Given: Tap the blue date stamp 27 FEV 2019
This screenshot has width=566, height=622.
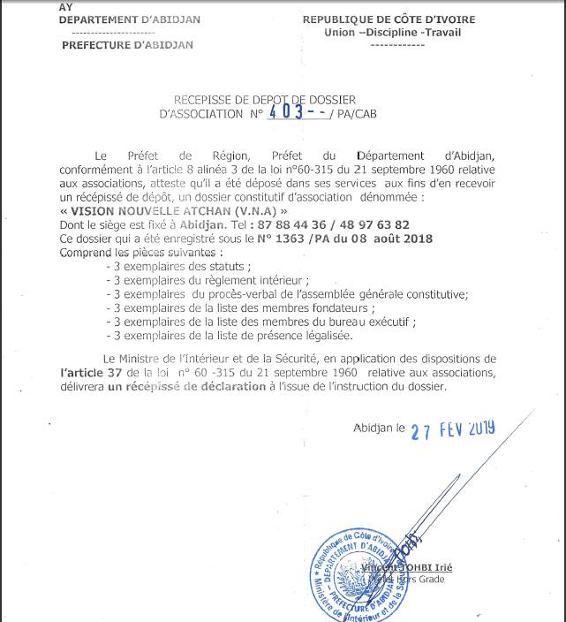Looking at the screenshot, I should tap(452, 430).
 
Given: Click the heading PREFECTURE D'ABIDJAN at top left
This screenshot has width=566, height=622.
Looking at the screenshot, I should tap(127, 45).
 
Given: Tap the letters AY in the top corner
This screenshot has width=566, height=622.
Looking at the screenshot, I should tap(66, 7).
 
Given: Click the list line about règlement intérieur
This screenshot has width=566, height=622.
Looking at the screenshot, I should tap(207, 279).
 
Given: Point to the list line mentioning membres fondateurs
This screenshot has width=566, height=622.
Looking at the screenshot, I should tap(239, 308).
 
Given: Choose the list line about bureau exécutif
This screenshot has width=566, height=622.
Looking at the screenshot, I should tap(260, 322).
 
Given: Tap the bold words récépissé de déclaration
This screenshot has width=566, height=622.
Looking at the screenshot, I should tap(175, 387).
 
